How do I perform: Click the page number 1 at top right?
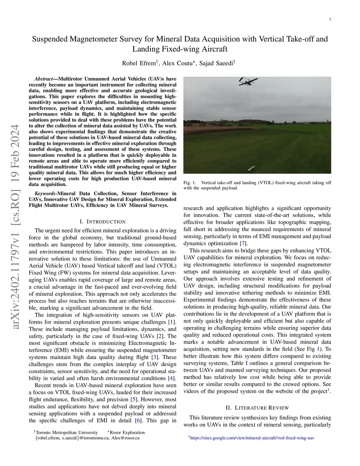coord(330,19)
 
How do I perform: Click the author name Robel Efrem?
coord(139,63)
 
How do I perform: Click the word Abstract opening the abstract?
coord(44,79)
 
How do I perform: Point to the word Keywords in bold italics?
coord(45,193)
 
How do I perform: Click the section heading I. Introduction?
coord(103,222)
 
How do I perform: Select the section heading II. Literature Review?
coord(257,408)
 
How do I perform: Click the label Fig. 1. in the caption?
coord(190,183)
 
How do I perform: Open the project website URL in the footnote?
coord(252,438)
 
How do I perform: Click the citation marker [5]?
coord(134,399)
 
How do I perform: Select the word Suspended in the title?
coord(51,39)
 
